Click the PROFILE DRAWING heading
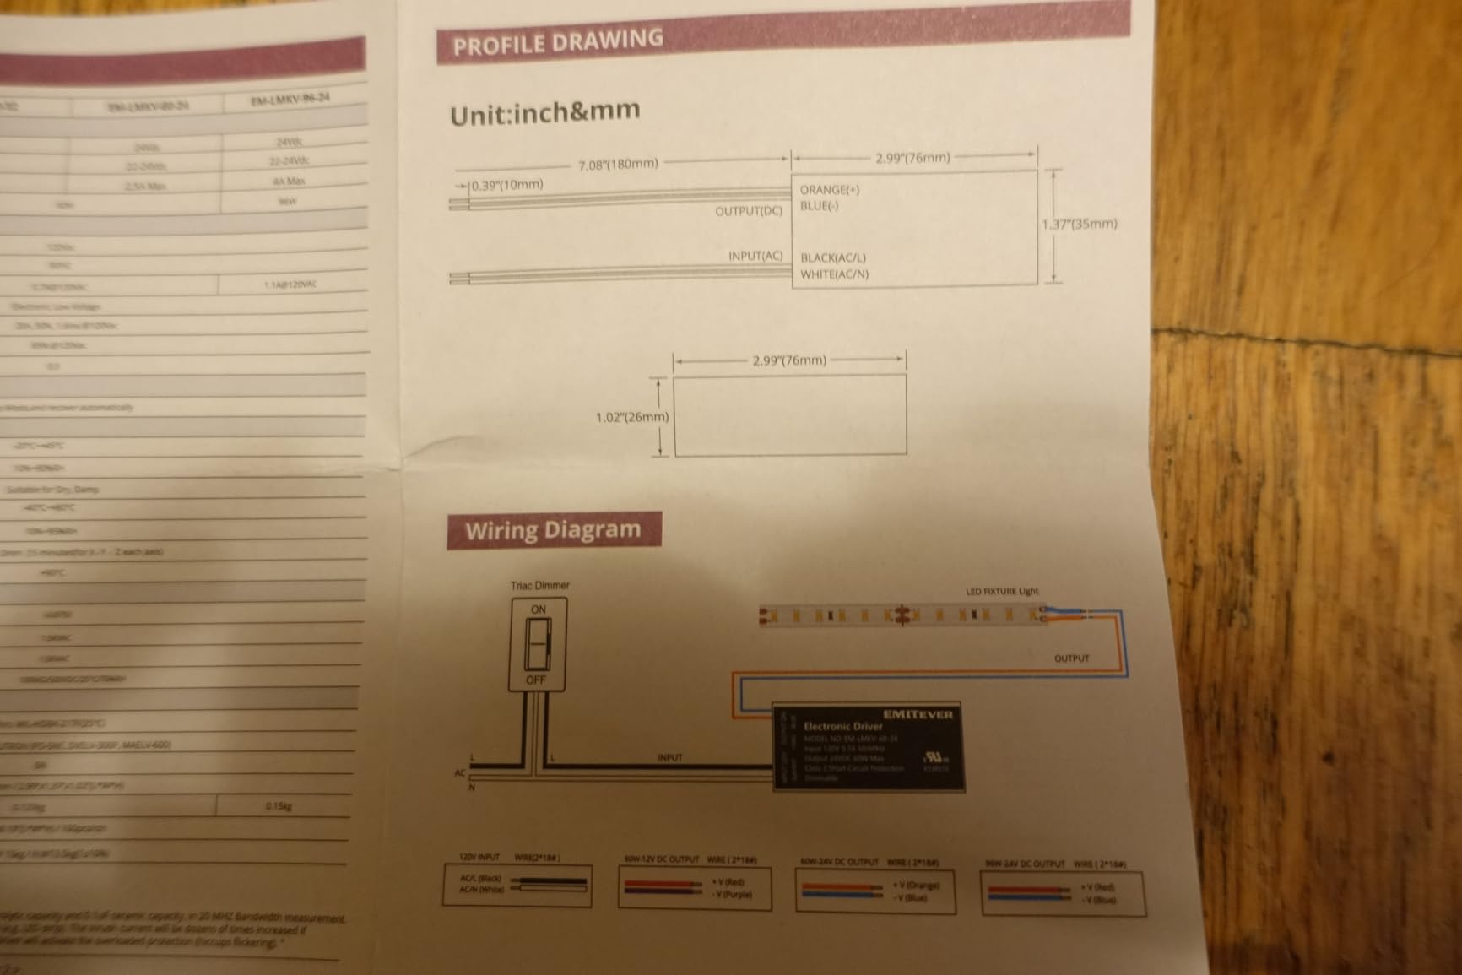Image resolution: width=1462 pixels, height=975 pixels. pos(558,43)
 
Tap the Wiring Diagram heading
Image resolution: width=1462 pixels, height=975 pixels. pos(553,531)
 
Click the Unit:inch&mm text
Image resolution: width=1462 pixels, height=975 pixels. pos(544,112)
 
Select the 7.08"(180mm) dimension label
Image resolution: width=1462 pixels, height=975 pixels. pos(618,163)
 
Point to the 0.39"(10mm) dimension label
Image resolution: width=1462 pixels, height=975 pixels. pos(507,185)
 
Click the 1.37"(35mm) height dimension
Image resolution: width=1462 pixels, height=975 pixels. pos(1079,224)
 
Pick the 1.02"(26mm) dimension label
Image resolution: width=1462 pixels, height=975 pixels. pos(631,417)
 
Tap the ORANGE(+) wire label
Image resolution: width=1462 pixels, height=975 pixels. pos(830,190)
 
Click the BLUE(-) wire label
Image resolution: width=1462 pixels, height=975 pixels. pos(819,206)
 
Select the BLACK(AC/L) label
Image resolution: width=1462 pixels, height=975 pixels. pos(832,257)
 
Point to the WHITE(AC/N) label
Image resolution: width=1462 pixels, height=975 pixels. pos(834,274)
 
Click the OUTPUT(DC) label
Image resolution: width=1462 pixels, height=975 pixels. pos(749,211)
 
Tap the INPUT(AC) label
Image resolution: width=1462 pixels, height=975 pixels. pos(755,256)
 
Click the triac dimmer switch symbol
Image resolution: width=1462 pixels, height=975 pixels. pos(538,644)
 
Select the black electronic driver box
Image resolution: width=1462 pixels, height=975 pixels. pos(869,747)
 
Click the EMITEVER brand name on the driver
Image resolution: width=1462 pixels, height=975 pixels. pos(918,714)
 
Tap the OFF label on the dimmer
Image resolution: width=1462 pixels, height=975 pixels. pos(536,680)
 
